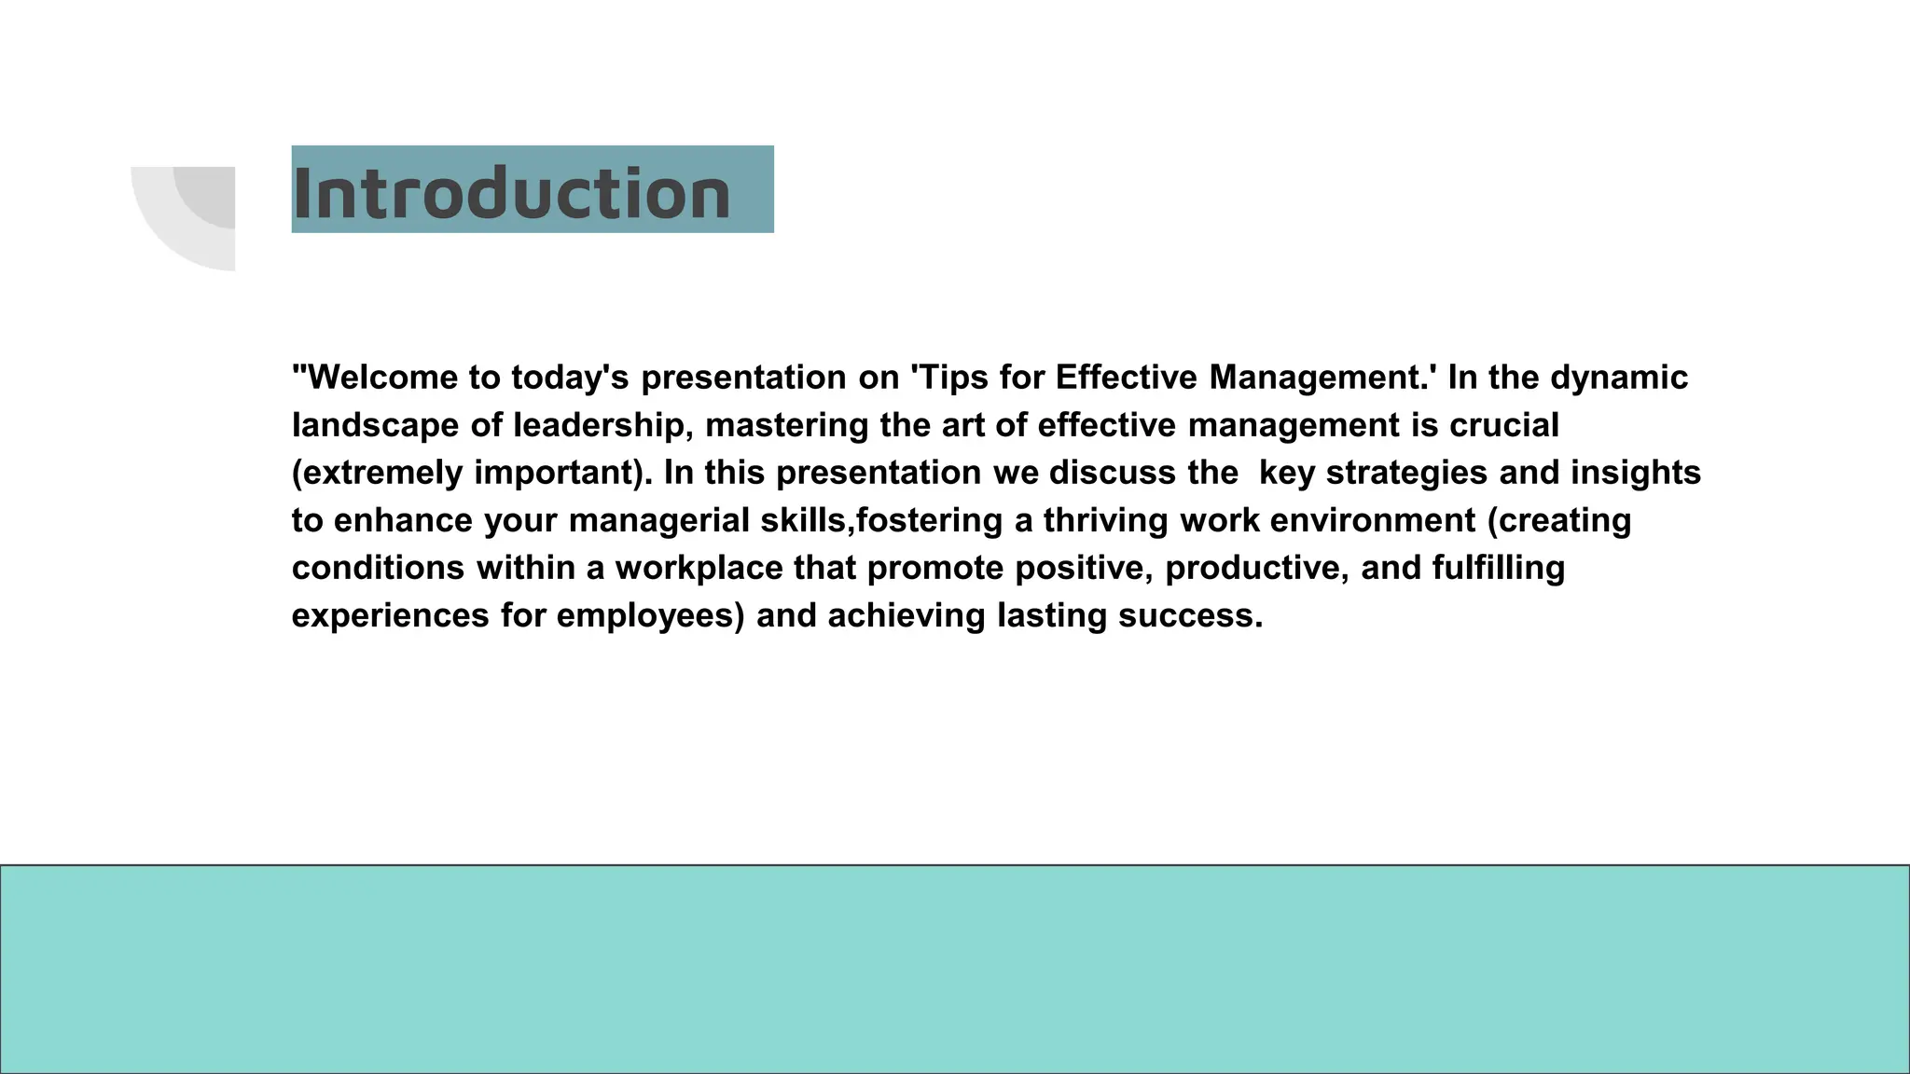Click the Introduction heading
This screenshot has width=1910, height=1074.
[511, 193]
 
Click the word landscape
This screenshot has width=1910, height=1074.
[375, 425]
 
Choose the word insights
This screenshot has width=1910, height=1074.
[1636, 473]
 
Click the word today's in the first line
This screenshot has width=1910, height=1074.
[570, 378]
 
